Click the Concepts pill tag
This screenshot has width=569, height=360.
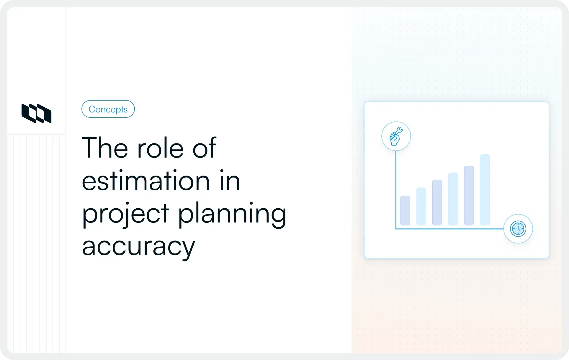tap(108, 109)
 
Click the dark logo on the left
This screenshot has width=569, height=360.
tap(36, 113)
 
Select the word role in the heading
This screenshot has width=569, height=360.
tap(160, 148)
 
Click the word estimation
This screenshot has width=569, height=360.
tap(146, 181)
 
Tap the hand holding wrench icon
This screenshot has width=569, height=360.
tap(396, 136)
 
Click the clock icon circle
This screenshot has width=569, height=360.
tap(518, 229)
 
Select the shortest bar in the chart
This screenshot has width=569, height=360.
tap(405, 211)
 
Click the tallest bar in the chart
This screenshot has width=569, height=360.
tap(485, 190)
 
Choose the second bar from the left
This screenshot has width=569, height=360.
tap(421, 207)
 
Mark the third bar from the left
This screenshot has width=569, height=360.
tap(437, 203)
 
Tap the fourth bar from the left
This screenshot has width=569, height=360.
tap(453, 199)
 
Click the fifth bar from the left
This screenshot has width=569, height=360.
tap(469, 196)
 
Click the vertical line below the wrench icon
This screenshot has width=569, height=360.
tap(396, 189)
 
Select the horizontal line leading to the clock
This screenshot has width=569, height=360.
tap(449, 229)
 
